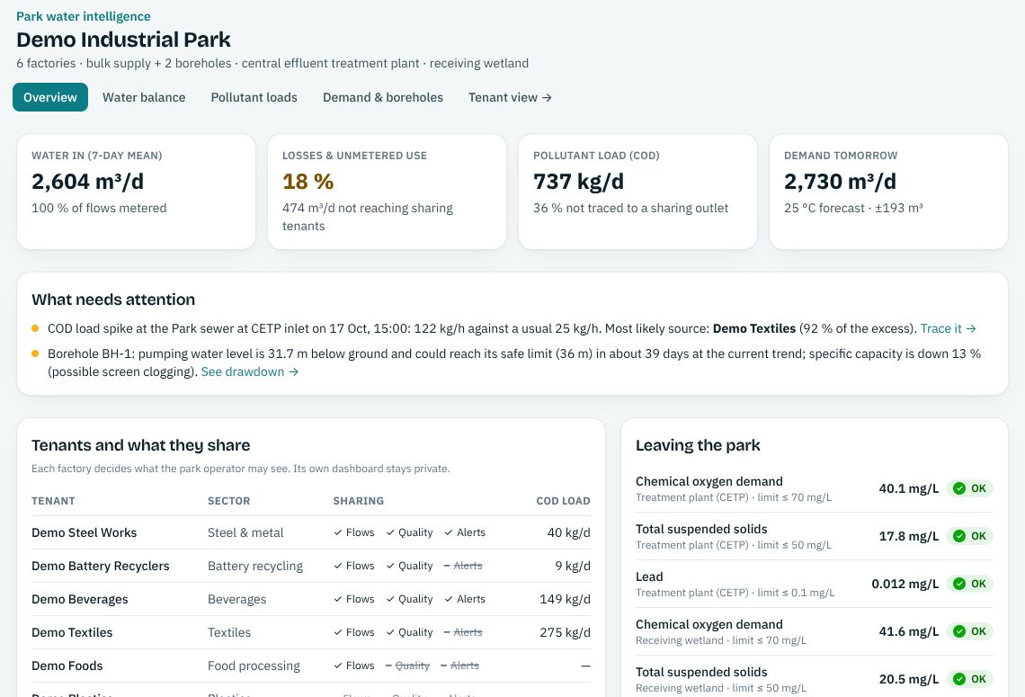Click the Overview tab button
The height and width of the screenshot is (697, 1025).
point(50,97)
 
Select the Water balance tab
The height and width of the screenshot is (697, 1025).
point(144,97)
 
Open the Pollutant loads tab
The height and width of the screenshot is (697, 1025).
point(254,97)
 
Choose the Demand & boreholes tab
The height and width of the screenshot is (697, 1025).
point(382,97)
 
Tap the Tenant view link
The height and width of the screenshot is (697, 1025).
point(510,97)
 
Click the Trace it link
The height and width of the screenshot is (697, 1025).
point(948,328)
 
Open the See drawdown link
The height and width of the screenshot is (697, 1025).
point(250,371)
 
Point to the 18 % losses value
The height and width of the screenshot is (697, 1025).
point(307,181)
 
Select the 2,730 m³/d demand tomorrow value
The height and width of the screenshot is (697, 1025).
point(840,181)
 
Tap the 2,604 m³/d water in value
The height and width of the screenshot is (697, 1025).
point(87,181)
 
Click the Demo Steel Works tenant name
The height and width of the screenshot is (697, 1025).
point(85,532)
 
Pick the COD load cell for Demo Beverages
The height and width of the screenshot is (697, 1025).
point(565,599)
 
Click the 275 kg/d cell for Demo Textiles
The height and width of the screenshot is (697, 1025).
point(565,632)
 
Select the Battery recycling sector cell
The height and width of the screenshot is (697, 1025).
point(255,566)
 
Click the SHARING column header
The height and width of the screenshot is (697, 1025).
point(358,501)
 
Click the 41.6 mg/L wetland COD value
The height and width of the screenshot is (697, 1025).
point(909,631)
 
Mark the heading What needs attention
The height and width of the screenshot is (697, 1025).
point(113,299)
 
